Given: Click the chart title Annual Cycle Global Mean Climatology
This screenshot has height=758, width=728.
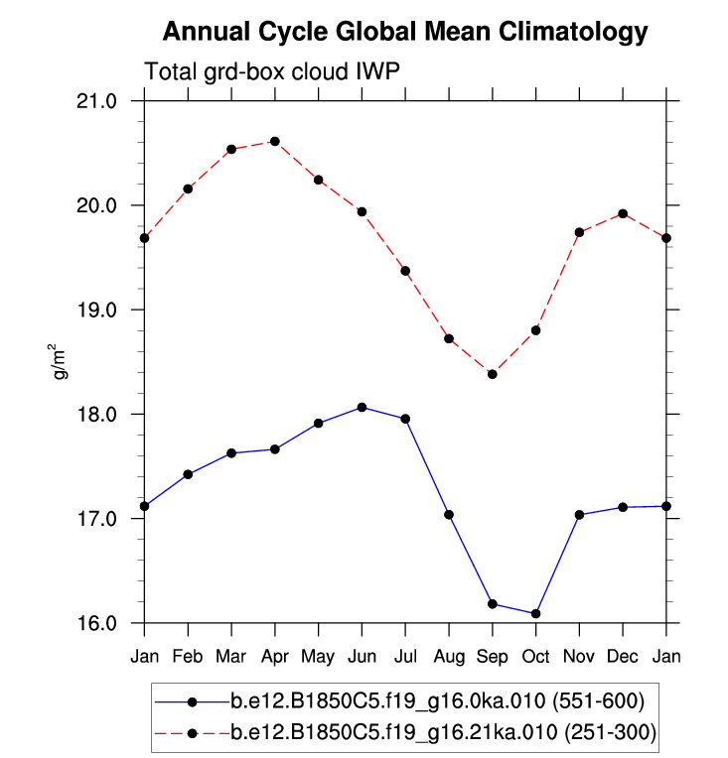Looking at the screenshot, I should [x=405, y=32].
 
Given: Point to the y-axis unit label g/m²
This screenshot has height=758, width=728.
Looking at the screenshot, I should [x=62, y=362].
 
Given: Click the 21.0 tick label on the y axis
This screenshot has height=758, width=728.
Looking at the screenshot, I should [x=97, y=101].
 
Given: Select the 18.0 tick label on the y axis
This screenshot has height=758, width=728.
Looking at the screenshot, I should [x=97, y=414].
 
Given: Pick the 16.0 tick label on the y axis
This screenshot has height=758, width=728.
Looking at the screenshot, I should [x=97, y=623].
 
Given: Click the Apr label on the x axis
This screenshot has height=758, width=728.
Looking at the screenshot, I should [x=275, y=656].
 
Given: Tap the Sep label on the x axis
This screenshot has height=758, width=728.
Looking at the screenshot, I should [x=493, y=656].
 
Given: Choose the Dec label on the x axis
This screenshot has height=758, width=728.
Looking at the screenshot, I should [x=623, y=656].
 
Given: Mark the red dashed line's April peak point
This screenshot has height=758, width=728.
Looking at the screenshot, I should [x=275, y=142].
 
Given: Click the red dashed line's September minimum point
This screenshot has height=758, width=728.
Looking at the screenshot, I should [x=493, y=374].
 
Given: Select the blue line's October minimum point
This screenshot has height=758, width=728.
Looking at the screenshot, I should [x=536, y=613].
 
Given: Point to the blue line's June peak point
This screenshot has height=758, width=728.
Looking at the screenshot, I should [x=362, y=407].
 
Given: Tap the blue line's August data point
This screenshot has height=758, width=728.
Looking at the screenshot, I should [x=449, y=514].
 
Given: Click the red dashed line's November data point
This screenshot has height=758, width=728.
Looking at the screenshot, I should [x=579, y=232].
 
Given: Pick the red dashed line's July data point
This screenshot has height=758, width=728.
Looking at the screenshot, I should [x=405, y=271].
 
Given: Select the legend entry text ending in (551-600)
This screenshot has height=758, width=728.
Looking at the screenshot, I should [x=438, y=701].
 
